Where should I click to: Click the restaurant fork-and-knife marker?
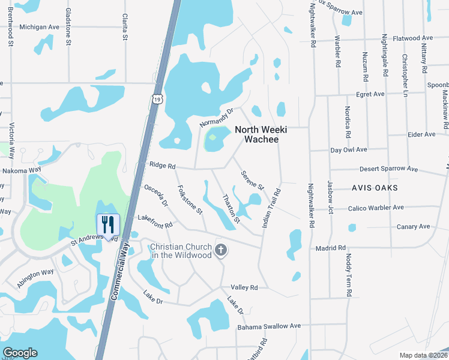pos(109,225)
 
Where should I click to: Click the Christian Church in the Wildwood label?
pos(181,251)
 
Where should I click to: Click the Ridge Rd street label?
pos(162,166)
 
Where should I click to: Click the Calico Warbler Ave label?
pos(376,208)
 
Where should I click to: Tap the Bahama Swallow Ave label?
pos(268,326)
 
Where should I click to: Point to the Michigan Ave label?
pos(39,27)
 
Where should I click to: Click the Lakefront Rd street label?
pos(155,221)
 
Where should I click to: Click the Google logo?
pos(20,352)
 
